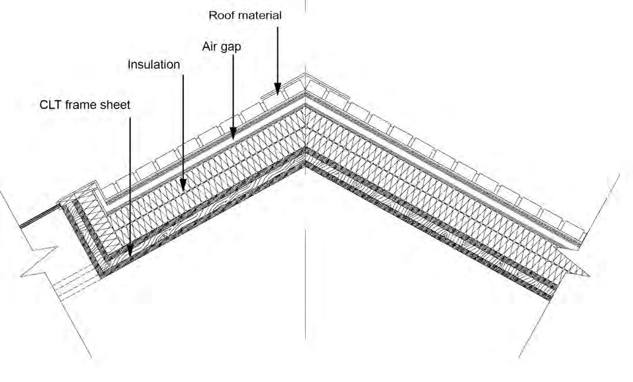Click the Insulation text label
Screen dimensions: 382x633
pyautogui.click(x=154, y=65)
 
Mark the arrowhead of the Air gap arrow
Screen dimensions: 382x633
pyautogui.click(x=233, y=136)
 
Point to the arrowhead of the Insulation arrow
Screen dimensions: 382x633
pyautogui.click(x=183, y=187)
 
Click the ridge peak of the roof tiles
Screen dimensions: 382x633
pyautogui.click(x=305, y=75)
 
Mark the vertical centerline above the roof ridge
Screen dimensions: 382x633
pyautogui.click(x=305, y=36)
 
